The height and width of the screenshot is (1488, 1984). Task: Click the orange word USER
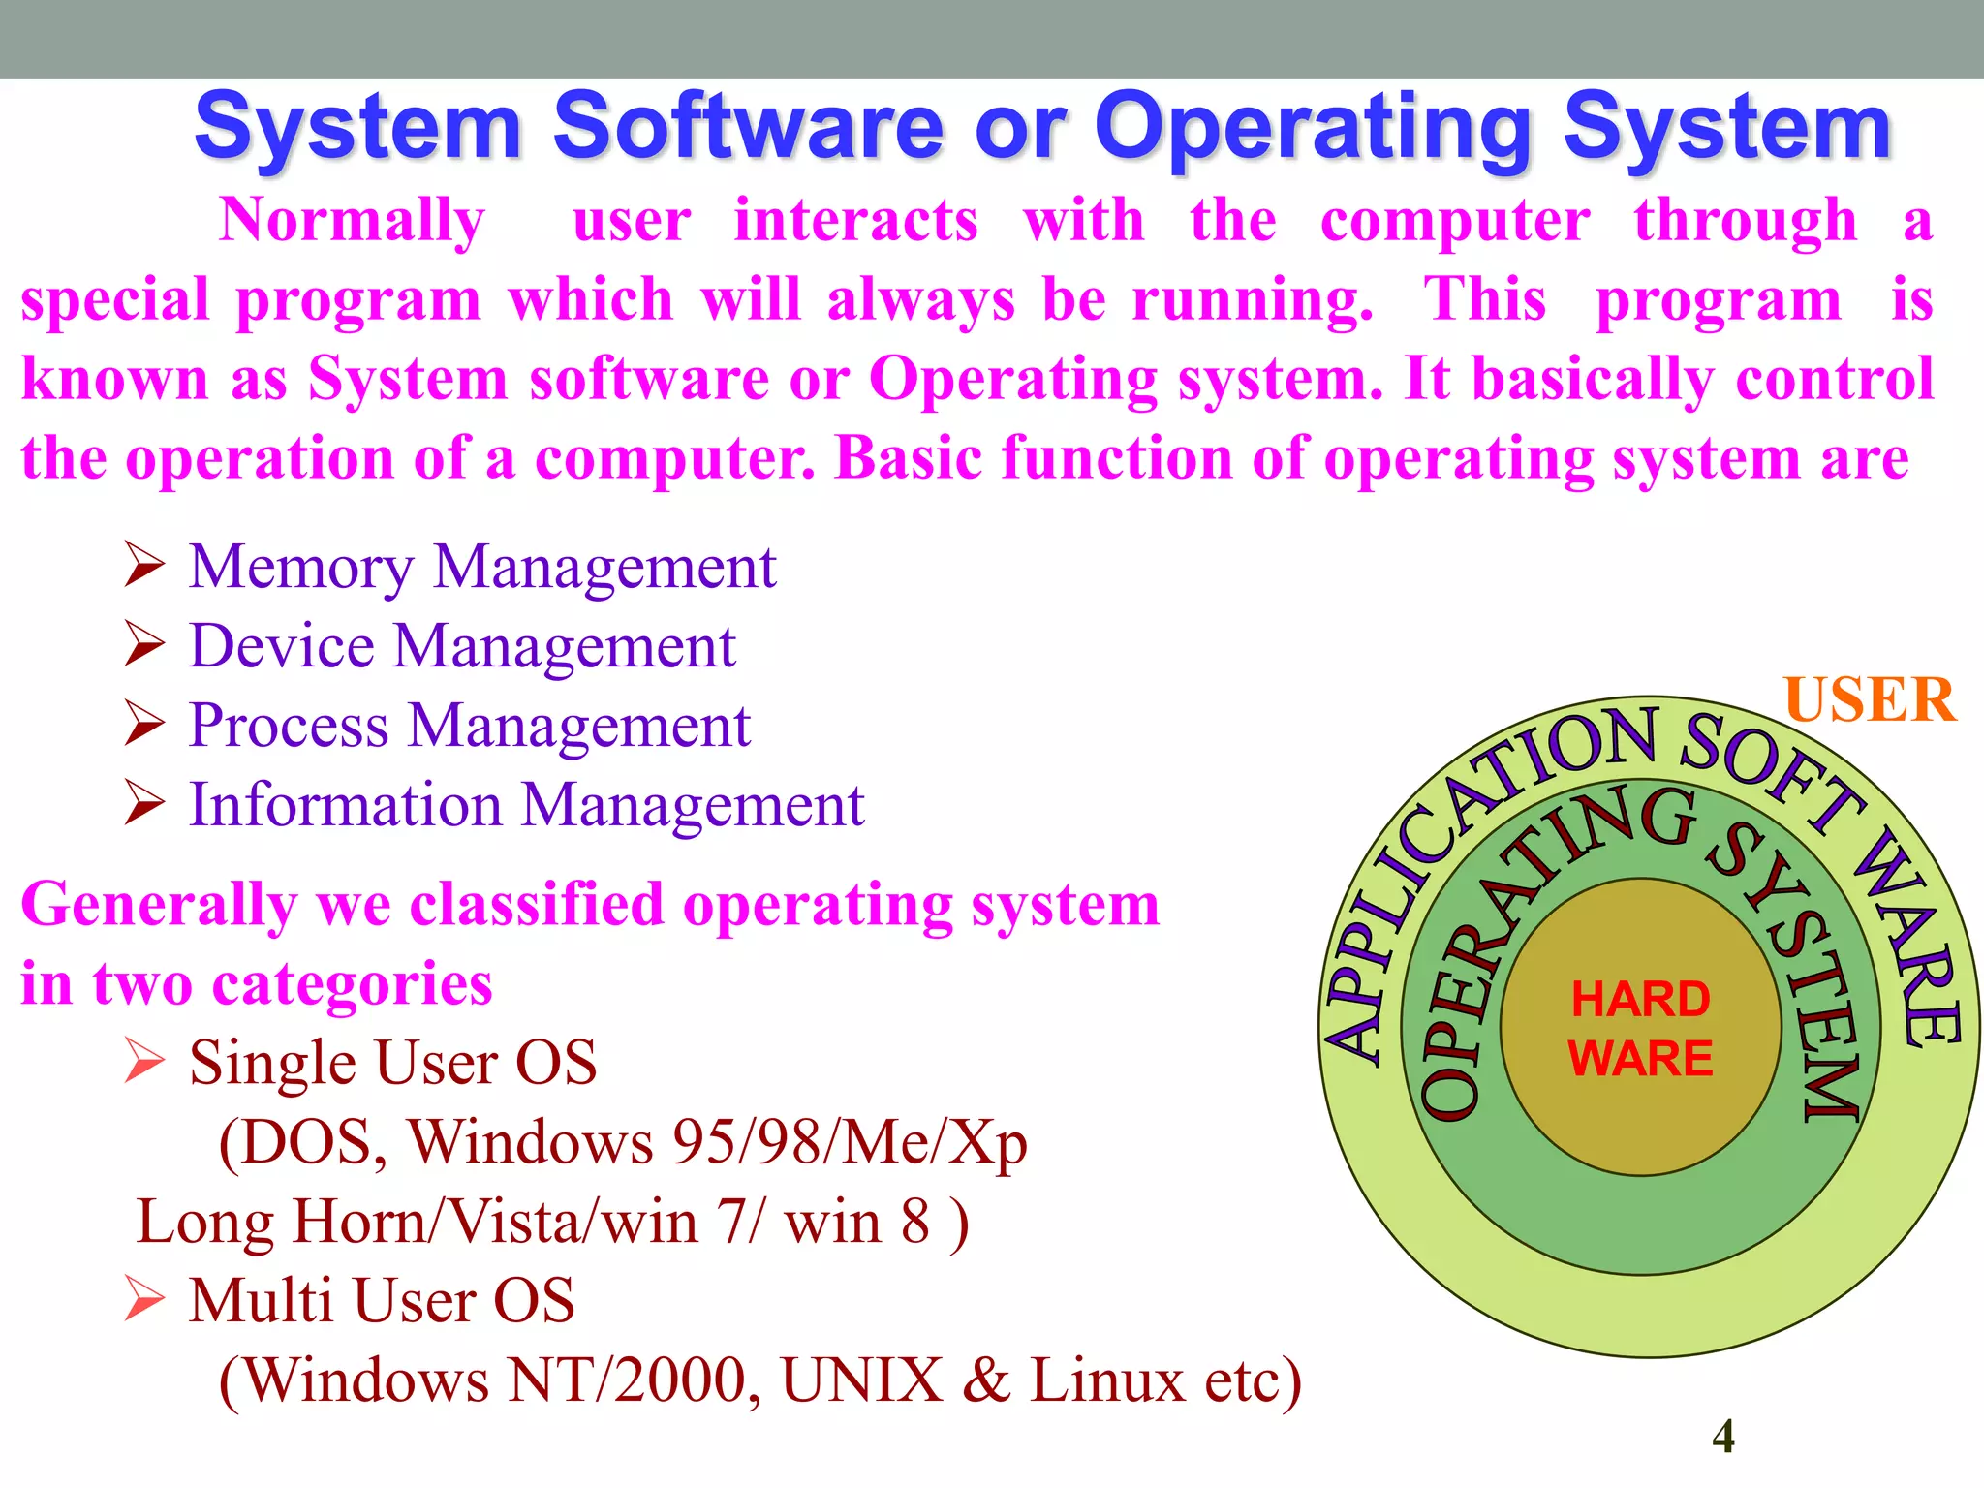[1870, 699]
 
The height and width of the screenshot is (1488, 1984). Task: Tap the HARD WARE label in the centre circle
[1640, 1028]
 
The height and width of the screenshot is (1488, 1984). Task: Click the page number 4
[1723, 1436]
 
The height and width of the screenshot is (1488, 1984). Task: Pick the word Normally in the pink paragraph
[352, 221]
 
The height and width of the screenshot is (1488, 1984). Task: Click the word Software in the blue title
[748, 127]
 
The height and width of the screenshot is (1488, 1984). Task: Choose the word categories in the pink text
[352, 984]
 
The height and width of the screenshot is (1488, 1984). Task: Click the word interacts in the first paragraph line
[856, 221]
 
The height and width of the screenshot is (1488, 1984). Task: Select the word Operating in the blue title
[1313, 127]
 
